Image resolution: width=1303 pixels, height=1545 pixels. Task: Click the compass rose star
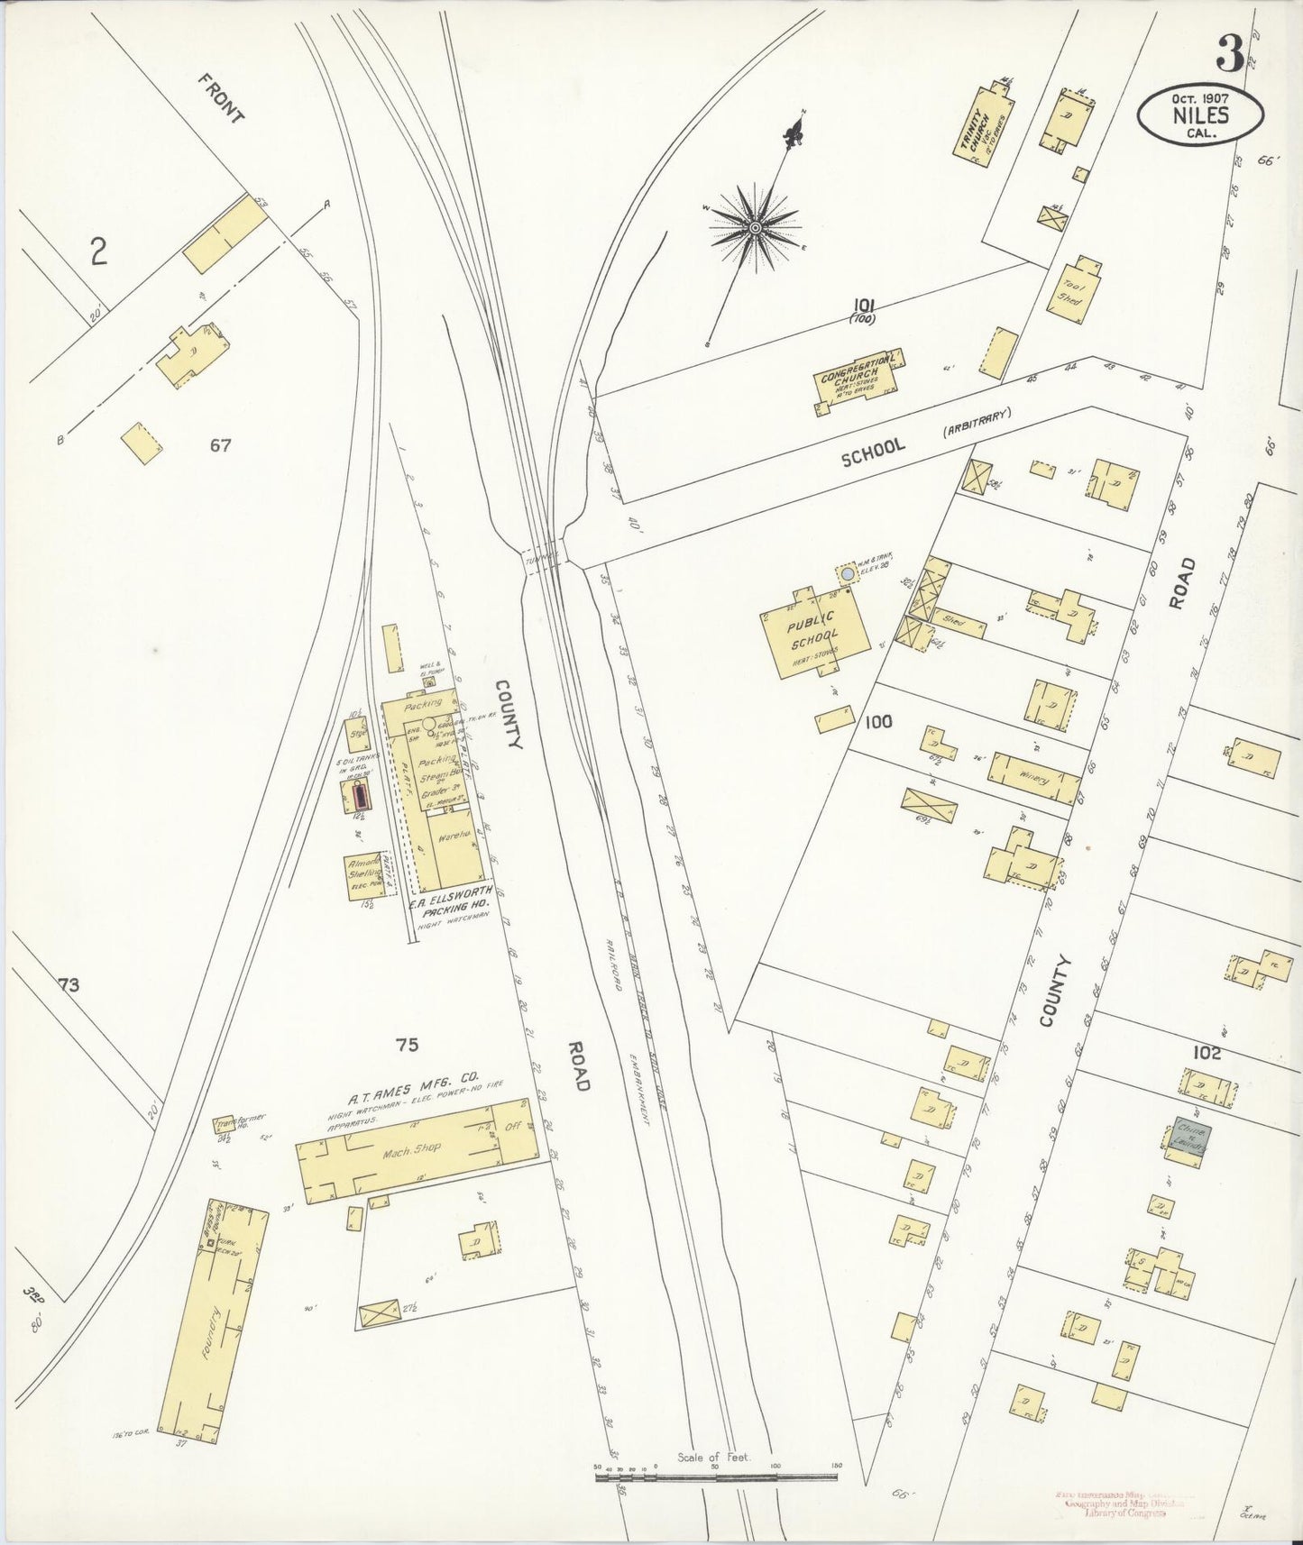pyautogui.click(x=755, y=227)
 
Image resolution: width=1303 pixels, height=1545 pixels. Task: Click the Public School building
pyautogui.click(x=815, y=631)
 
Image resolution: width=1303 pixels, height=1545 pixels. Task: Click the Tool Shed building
pyautogui.click(x=1073, y=287)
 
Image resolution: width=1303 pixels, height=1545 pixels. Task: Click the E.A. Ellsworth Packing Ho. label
pyautogui.click(x=449, y=903)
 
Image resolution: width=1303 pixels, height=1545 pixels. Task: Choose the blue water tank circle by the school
pyautogui.click(x=847, y=573)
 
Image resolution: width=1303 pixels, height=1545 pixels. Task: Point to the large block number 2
pyautogui.click(x=98, y=251)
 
